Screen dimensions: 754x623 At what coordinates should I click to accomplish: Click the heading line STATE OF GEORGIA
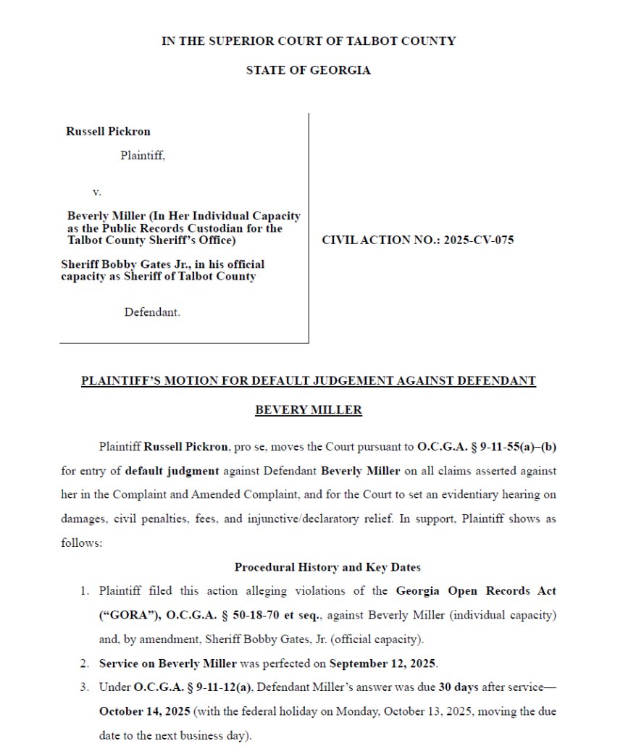tap(308, 70)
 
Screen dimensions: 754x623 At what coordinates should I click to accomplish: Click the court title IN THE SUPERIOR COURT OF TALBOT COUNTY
tap(308, 41)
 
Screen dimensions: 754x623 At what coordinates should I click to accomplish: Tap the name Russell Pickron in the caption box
tap(108, 131)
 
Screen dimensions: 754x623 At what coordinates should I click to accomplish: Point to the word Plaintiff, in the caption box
tap(143, 155)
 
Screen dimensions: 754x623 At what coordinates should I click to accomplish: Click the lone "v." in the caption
tap(96, 192)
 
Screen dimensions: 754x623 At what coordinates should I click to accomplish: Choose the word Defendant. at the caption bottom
tap(152, 312)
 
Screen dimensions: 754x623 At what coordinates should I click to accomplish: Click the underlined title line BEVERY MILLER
tap(308, 410)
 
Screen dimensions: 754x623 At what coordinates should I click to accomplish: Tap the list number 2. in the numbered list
tap(85, 663)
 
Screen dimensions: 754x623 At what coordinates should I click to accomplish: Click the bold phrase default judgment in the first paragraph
tap(172, 471)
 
